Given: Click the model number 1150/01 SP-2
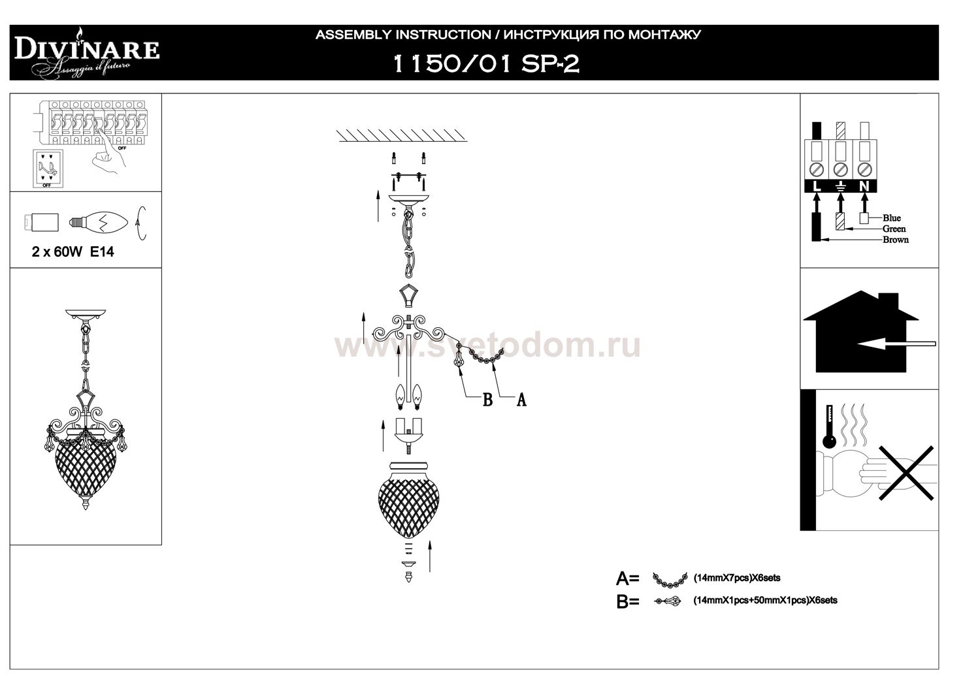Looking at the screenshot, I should pyautogui.click(x=484, y=63).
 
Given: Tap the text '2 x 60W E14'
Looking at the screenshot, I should pyautogui.click(x=73, y=252).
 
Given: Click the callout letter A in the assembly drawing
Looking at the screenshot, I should pyautogui.click(x=521, y=400).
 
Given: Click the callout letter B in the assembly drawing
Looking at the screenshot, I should pyautogui.click(x=487, y=400).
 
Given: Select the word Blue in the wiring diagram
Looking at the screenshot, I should pyautogui.click(x=891, y=218).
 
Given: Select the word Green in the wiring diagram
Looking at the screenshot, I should pyautogui.click(x=894, y=229).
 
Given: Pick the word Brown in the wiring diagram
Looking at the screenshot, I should pyautogui.click(x=895, y=240).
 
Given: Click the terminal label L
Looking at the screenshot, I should pyautogui.click(x=816, y=187).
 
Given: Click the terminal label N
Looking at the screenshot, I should pyautogui.click(x=865, y=187).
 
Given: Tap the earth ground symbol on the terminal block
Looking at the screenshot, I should pyautogui.click(x=841, y=187).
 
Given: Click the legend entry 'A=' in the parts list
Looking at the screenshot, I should pyautogui.click(x=627, y=578).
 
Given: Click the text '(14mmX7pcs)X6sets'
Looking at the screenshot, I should pyautogui.click(x=736, y=578).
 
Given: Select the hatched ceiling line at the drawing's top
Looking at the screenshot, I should pyautogui.click(x=402, y=136).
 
